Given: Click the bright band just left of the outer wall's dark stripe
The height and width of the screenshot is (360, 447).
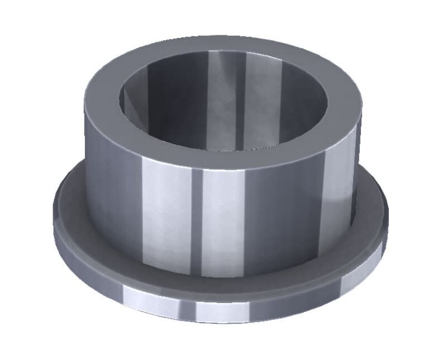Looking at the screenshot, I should click(168, 218).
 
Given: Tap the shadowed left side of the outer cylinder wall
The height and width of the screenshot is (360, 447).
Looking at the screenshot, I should click(106, 190).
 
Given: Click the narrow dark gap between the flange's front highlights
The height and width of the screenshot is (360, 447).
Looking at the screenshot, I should click(188, 306).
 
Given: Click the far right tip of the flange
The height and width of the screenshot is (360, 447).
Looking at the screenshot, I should click(387, 218).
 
